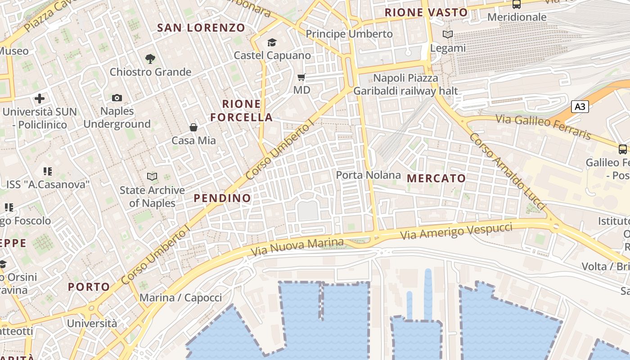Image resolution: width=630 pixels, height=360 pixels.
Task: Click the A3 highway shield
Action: click(x=580, y=107)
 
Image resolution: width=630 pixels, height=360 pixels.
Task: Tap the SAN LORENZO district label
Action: click(x=201, y=27)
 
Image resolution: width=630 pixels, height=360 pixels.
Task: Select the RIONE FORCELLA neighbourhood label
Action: click(x=241, y=111)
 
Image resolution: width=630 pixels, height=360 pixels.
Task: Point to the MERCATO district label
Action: click(x=436, y=178)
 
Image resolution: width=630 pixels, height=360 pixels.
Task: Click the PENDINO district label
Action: click(x=222, y=198)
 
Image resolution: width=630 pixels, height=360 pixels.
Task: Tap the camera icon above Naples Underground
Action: click(x=117, y=98)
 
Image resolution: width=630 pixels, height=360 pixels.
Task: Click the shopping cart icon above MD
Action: click(x=301, y=77)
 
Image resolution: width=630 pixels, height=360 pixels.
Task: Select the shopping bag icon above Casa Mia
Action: click(x=193, y=127)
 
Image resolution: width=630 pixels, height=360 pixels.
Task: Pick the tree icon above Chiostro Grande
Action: click(x=150, y=58)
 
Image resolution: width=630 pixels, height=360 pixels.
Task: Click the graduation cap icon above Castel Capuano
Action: click(x=272, y=42)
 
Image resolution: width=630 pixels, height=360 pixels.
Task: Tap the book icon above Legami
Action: click(x=447, y=35)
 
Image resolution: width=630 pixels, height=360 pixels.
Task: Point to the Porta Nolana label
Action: click(x=368, y=175)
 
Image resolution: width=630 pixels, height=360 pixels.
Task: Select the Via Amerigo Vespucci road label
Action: click(x=456, y=231)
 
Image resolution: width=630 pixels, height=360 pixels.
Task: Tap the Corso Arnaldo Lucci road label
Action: click(x=507, y=171)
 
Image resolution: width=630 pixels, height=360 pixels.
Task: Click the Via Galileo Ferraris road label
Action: click(x=543, y=127)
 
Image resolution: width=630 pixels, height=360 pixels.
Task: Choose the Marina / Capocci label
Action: click(x=180, y=297)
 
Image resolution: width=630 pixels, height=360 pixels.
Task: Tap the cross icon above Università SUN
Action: click(x=40, y=98)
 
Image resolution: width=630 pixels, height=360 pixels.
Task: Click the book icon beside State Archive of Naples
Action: click(x=153, y=177)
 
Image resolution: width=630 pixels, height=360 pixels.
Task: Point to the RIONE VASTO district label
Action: click(x=426, y=12)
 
